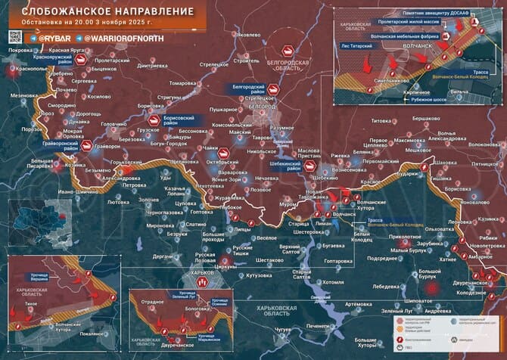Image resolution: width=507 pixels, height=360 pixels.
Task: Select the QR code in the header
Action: coord(14,36)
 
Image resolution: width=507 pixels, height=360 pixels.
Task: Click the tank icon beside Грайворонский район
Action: coord(86,145)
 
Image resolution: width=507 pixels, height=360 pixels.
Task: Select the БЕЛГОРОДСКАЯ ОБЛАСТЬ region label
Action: coord(292,64)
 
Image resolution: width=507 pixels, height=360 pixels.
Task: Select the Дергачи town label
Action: coord(163,256)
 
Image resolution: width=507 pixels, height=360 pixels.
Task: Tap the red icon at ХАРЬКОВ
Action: coord(202,281)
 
